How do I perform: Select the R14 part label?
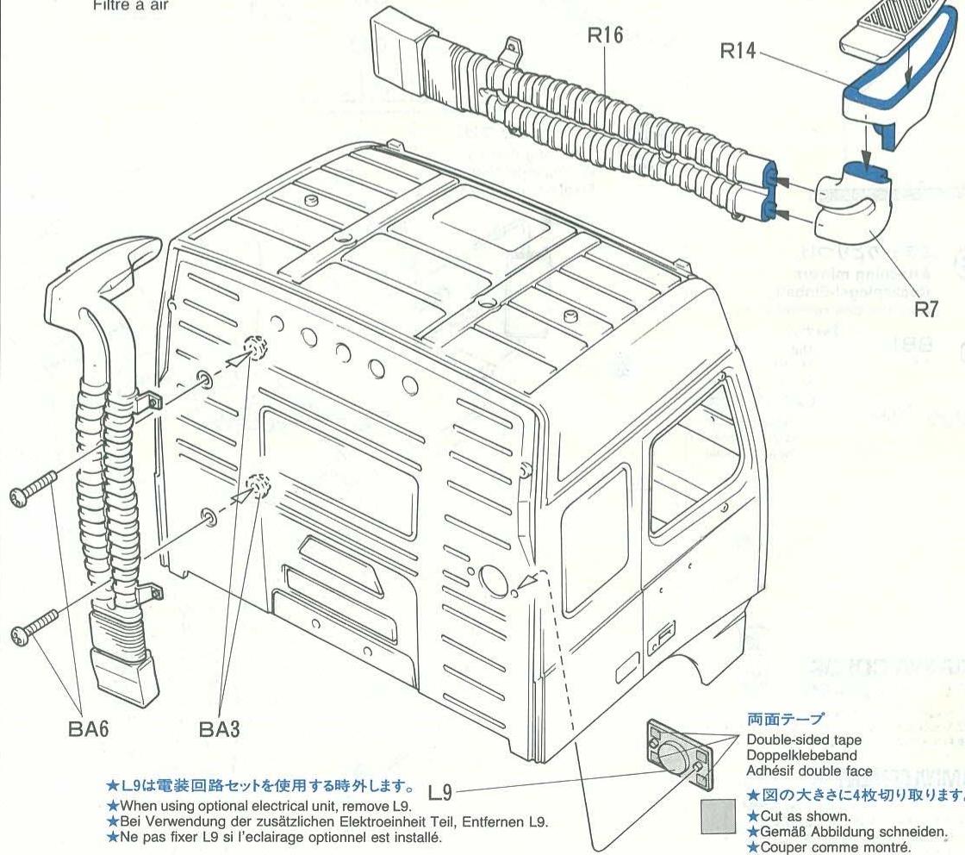pos(738,52)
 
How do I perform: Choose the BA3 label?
pos(221,729)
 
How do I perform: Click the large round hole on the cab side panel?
pos(495,579)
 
